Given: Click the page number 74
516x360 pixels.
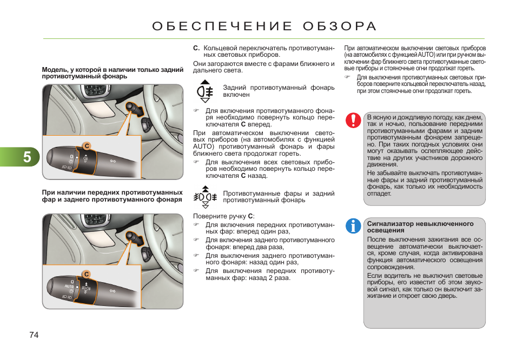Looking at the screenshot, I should [x=34, y=335].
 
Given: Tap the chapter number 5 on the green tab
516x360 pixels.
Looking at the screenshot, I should [x=27, y=157].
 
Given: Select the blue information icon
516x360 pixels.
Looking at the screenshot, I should [x=353, y=226].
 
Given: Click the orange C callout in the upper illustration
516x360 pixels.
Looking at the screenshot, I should [x=85, y=145].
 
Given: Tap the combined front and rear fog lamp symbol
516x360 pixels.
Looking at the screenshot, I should [x=206, y=197].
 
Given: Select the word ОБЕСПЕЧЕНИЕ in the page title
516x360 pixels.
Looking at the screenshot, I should [x=222, y=26].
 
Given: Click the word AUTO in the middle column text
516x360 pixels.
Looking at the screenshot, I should [x=204, y=146].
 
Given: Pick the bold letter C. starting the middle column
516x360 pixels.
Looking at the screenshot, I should [x=196, y=48].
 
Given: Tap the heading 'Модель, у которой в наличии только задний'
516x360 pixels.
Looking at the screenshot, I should [x=113, y=70].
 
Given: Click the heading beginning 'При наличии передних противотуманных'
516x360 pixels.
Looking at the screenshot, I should [x=112, y=192].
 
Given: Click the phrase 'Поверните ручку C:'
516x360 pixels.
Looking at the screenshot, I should [x=223, y=216].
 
